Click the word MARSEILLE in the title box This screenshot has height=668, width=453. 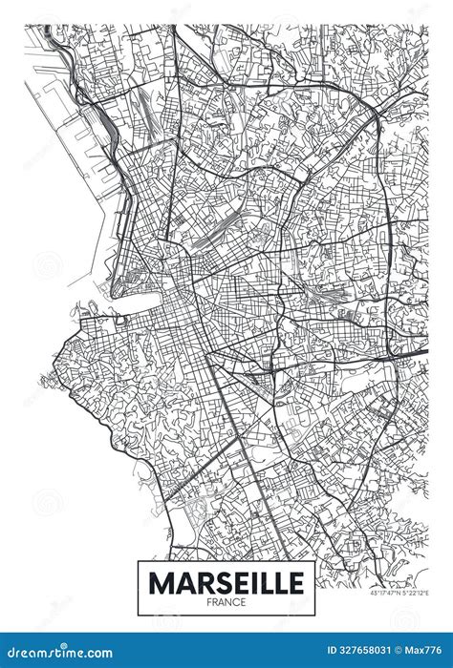pyautogui.click(x=226, y=581)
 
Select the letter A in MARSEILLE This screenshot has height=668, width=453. pyautogui.click(x=178, y=581)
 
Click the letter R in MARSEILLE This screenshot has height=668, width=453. pyautogui.click(x=196, y=581)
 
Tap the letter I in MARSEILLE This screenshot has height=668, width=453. pyautogui.click(x=247, y=581)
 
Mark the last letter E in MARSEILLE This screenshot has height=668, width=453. pyautogui.click(x=296, y=581)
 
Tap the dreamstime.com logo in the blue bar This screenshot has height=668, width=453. pyautogui.click(x=57, y=653)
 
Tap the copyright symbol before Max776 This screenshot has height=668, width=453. pyautogui.click(x=405, y=653)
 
